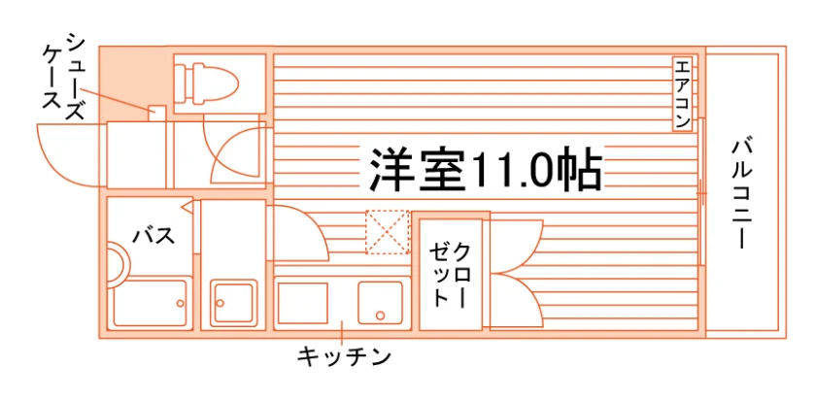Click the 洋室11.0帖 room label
click(x=486, y=170)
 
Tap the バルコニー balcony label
click(x=741, y=193)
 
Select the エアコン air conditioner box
click(x=682, y=93)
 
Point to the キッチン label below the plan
click(x=344, y=357)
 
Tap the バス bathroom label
click(x=153, y=236)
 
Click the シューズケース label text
click(x=63, y=77)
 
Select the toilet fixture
click(x=206, y=83)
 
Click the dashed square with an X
click(x=388, y=232)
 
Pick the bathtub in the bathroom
click(x=150, y=303)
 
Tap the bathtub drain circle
click(x=180, y=303)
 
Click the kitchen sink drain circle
click(x=380, y=316)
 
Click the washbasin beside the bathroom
click(x=234, y=302)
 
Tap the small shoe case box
click(x=157, y=114)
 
